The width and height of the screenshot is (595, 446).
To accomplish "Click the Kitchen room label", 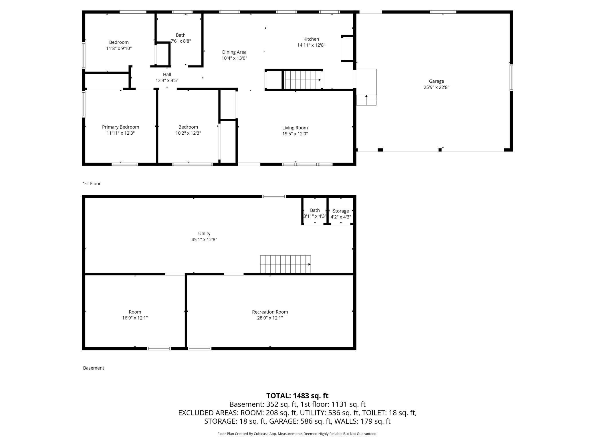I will click(x=311, y=39).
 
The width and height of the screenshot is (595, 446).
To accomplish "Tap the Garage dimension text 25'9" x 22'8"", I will click(x=436, y=87).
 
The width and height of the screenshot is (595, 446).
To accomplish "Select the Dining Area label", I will click(x=234, y=52).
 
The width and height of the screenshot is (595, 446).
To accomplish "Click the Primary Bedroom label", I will click(x=120, y=127).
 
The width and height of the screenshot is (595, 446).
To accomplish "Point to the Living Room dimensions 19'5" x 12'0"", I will click(x=295, y=134).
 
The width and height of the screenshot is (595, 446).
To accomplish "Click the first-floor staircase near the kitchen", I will click(x=303, y=80).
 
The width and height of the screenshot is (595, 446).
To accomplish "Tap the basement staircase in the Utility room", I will click(x=285, y=264).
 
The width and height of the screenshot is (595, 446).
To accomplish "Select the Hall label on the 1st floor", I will click(x=167, y=75).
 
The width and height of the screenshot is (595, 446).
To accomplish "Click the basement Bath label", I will click(x=315, y=210).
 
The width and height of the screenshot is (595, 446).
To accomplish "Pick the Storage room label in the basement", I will click(x=340, y=211).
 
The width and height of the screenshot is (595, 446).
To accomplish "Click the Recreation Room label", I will click(x=270, y=312).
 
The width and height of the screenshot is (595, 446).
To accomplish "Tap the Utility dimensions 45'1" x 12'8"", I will click(x=204, y=240).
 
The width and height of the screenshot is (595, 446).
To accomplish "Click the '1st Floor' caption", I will click(x=92, y=184).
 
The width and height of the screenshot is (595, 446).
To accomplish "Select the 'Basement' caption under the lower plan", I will click(x=94, y=368).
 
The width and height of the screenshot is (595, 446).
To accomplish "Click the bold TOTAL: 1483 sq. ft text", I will click(x=297, y=396).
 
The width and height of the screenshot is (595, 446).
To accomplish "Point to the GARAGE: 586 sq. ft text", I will click(x=299, y=421).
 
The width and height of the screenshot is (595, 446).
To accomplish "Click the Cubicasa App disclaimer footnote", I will click(x=297, y=434).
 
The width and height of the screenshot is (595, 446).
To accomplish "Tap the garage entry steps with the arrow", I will click(x=366, y=100).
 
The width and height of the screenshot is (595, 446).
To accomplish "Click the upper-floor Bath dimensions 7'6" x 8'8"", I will click(x=181, y=41).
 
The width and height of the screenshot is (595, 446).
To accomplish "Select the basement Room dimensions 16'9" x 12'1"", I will click(x=135, y=318).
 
